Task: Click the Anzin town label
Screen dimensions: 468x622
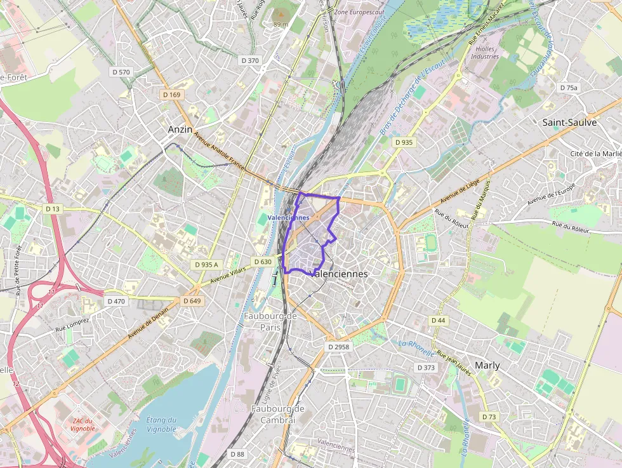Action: (x=180, y=129)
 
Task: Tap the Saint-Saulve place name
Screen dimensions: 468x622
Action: (x=569, y=123)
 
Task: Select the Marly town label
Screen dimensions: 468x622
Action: (x=487, y=365)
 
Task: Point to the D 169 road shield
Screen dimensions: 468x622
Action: (x=171, y=95)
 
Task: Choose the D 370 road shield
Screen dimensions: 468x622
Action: (x=250, y=60)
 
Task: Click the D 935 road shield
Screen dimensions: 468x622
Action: (x=403, y=142)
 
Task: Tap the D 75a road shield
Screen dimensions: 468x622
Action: (x=569, y=87)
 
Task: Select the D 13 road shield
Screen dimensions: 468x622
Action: (x=53, y=209)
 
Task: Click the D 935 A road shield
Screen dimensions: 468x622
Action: (x=206, y=264)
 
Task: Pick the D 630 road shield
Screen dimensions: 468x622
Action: (x=262, y=262)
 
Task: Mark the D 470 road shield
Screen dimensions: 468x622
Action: (x=116, y=301)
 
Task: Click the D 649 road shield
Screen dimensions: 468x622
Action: (x=192, y=300)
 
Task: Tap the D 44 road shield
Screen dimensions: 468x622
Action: (x=438, y=321)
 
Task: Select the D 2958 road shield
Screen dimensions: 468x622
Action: (x=338, y=347)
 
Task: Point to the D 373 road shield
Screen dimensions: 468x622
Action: (x=426, y=368)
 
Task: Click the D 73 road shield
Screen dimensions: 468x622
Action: (x=488, y=417)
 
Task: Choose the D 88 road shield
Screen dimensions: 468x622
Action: (x=237, y=454)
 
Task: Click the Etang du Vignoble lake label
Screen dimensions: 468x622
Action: (x=161, y=424)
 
